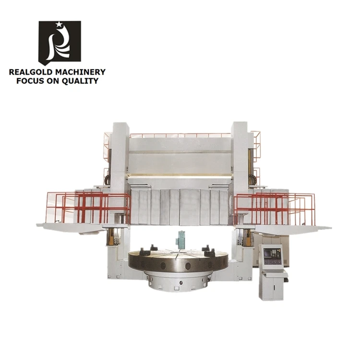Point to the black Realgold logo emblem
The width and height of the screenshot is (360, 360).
coord(60,42)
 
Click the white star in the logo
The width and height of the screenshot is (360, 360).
coord(59,24)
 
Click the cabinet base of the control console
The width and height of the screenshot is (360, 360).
coord(272,288)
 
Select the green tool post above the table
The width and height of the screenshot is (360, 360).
coord(181,239)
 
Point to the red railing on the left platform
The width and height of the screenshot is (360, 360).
coord(86,206)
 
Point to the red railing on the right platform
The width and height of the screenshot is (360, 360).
coord(274,206)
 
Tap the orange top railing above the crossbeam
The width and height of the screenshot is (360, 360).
coord(180,135)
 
